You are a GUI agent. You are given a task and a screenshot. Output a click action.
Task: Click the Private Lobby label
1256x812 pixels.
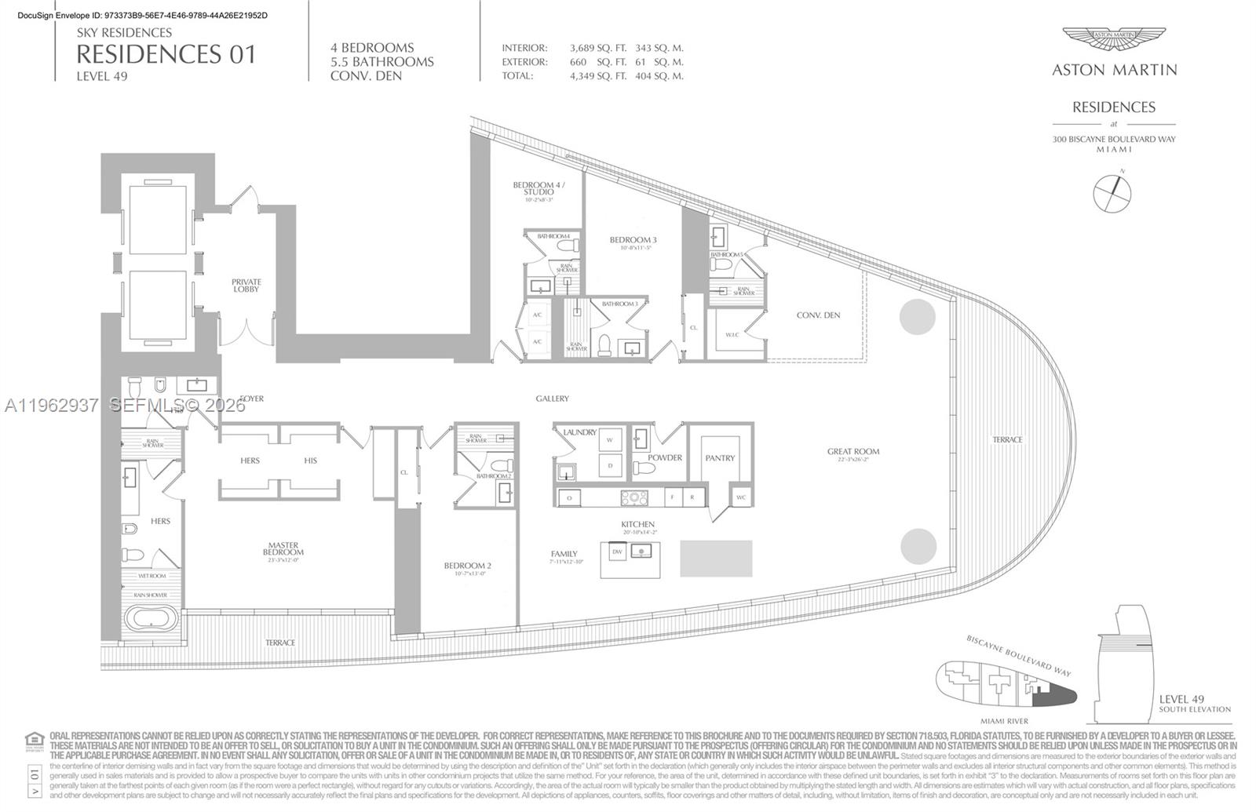point(246,286)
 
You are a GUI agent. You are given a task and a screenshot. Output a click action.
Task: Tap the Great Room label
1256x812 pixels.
point(853,452)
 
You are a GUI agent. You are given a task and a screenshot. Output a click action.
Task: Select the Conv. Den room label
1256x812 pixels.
point(818,315)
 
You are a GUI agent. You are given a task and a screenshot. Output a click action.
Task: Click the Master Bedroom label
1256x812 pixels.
point(283,548)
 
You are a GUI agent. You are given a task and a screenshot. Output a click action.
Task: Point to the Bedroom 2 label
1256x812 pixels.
point(467,566)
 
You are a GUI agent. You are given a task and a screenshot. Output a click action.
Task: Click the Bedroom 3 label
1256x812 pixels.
point(632,240)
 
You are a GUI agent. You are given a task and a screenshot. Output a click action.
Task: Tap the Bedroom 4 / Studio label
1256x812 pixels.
point(539,188)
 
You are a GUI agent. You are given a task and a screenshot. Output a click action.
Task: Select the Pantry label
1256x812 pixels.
point(720,458)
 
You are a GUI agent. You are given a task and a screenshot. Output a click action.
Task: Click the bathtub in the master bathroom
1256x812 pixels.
point(152,619)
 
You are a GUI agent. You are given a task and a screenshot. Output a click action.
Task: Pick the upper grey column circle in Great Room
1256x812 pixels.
point(917,317)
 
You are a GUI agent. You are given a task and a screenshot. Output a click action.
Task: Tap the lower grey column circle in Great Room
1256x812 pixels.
point(918,546)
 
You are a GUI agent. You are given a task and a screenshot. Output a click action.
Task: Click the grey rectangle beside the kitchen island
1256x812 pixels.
point(716,559)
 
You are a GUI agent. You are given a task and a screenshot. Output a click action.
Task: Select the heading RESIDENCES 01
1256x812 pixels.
point(166,54)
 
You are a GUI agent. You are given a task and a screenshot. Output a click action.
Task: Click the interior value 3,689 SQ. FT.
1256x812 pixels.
point(597,48)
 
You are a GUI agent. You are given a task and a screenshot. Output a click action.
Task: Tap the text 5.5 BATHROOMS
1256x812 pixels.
point(382,62)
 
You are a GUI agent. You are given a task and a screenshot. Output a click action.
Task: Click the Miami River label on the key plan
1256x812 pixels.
point(1004,721)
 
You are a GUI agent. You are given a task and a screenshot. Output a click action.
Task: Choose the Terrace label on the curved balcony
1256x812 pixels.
point(1007,440)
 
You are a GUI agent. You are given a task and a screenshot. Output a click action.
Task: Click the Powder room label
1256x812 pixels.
point(665,458)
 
